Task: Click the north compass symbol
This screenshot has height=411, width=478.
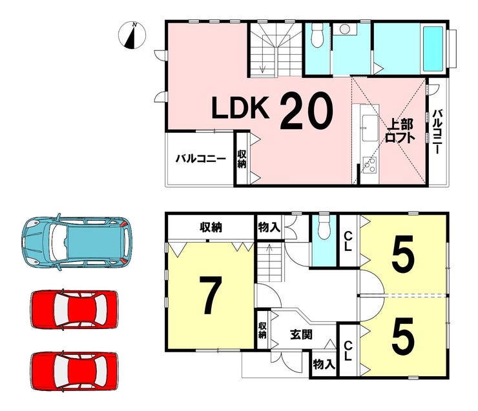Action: click(132, 35)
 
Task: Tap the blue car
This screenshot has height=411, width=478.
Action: click(77, 243)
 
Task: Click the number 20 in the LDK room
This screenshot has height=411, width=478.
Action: click(306, 110)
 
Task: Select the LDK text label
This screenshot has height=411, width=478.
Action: click(241, 108)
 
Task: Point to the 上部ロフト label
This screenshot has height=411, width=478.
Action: click(400, 131)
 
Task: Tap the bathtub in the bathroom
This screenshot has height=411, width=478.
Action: click(433, 48)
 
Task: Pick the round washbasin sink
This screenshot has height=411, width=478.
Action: click(344, 30)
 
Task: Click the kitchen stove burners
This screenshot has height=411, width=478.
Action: click(369, 165)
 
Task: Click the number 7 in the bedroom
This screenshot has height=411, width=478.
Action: click(210, 295)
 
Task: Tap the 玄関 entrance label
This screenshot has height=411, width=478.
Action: click(301, 335)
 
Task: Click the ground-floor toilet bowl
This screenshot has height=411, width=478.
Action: click(323, 228)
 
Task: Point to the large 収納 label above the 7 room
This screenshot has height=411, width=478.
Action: click(211, 227)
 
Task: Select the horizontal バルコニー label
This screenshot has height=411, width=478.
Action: click(201, 159)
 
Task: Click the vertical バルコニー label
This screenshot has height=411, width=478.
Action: click(437, 132)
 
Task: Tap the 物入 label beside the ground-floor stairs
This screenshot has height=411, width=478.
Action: click(269, 227)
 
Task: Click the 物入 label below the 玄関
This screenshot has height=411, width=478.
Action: click(324, 364)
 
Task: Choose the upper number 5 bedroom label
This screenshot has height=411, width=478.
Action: click(403, 254)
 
